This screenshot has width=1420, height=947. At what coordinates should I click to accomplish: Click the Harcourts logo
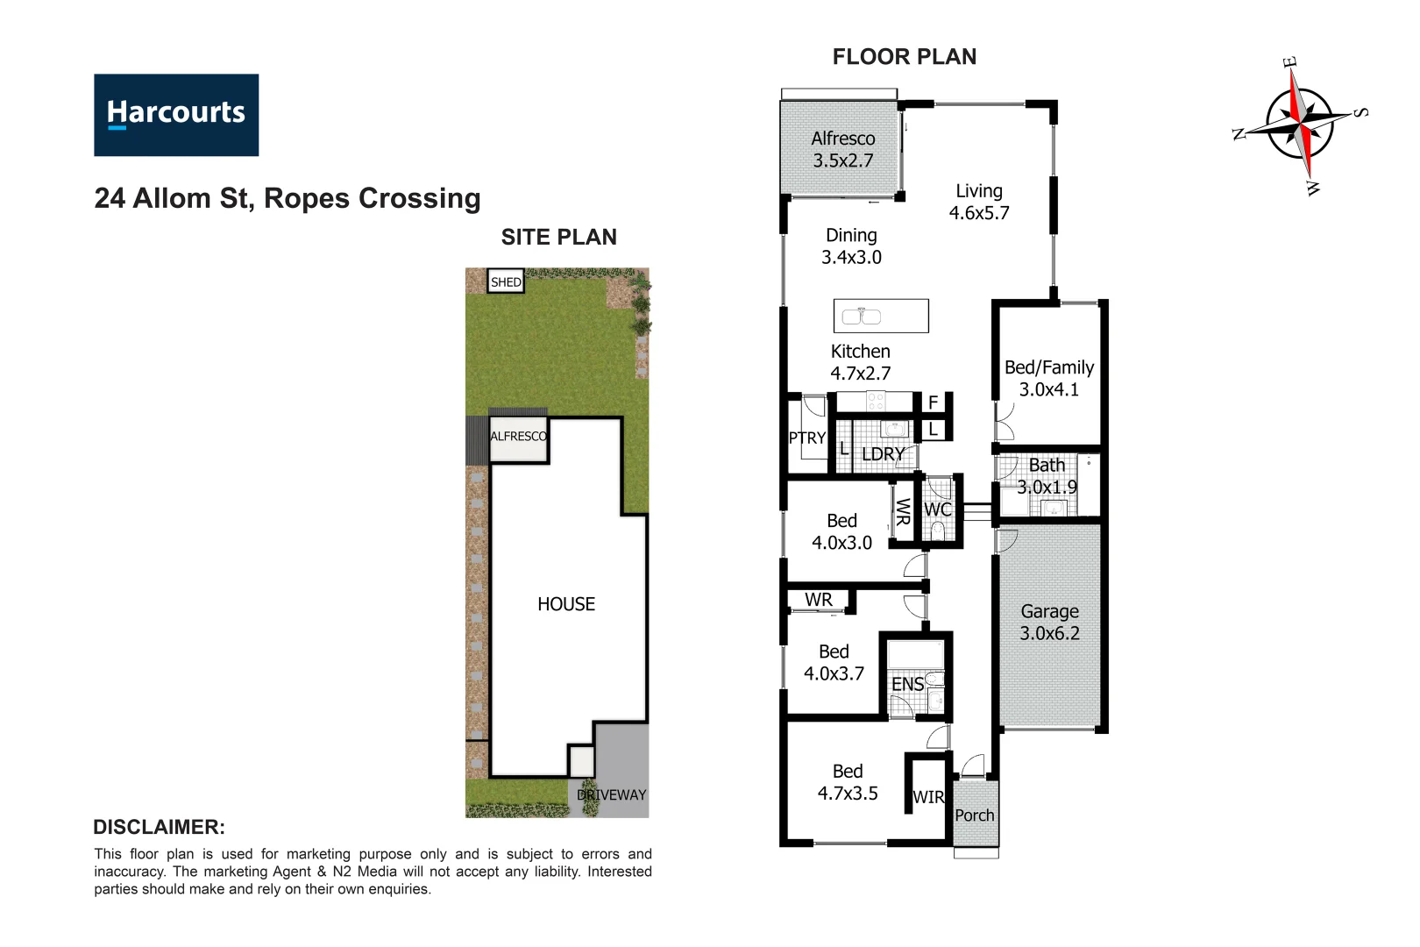(176, 115)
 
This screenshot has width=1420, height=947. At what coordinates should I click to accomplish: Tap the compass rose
(1301, 123)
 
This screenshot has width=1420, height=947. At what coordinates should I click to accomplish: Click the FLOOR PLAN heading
(904, 57)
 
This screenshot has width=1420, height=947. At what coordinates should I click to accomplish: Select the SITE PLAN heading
(558, 238)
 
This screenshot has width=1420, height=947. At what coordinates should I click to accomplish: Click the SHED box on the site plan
(506, 281)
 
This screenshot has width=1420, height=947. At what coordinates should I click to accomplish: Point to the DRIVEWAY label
(612, 794)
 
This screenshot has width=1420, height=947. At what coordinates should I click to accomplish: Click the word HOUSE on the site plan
(565, 604)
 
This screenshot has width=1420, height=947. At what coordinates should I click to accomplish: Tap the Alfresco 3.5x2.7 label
(842, 149)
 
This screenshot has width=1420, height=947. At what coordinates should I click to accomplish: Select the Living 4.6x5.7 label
(979, 202)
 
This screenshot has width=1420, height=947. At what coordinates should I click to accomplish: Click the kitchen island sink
(861, 317)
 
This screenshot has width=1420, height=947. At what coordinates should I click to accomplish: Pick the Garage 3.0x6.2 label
(1049, 622)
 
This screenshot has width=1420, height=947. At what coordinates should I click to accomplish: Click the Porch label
(974, 815)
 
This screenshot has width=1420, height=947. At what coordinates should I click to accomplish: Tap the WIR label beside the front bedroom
(928, 797)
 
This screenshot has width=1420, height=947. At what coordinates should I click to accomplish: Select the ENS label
(907, 684)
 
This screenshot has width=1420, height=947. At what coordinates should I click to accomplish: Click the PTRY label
(806, 438)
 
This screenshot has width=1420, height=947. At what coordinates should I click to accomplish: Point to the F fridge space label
(933, 402)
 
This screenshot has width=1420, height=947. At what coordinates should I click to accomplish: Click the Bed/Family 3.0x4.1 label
(1048, 378)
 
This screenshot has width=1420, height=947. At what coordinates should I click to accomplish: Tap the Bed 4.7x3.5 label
(847, 782)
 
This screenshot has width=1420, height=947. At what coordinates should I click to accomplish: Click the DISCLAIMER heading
(159, 827)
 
